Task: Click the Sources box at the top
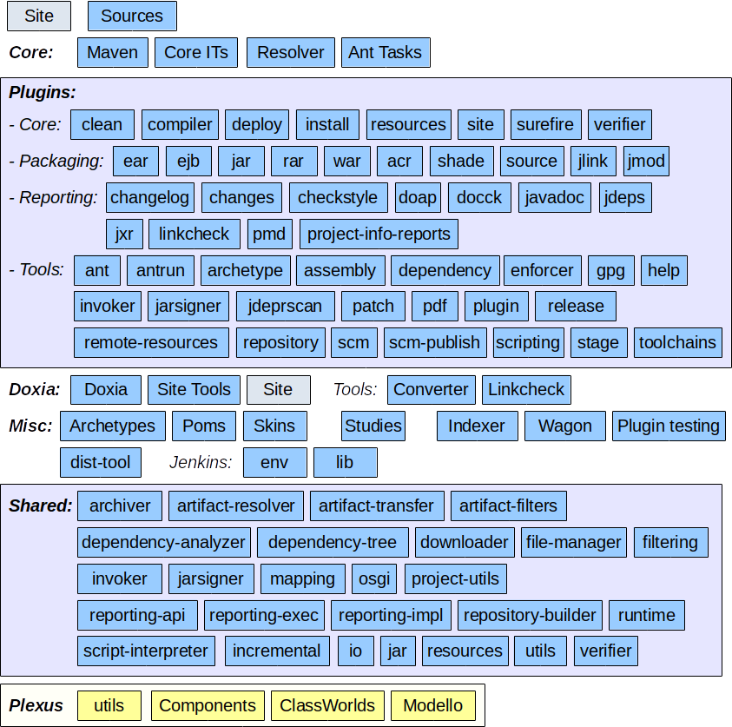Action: click(x=132, y=16)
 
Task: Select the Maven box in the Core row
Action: click(x=113, y=52)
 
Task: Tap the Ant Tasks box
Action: click(x=385, y=52)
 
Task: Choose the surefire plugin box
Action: click(x=545, y=124)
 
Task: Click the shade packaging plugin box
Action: click(x=461, y=161)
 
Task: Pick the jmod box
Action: click(x=646, y=161)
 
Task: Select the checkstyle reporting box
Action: click(x=338, y=197)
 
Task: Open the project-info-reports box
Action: click(x=379, y=234)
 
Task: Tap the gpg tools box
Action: click(x=611, y=270)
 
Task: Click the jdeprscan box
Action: click(x=285, y=306)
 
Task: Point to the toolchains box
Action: click(x=678, y=342)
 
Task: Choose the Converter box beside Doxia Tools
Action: click(x=431, y=389)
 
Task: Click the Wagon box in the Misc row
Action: click(x=565, y=426)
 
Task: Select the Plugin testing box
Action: click(x=669, y=426)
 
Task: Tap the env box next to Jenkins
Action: click(x=274, y=462)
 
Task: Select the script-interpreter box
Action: click(x=146, y=651)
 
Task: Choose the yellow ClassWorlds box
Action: click(x=327, y=705)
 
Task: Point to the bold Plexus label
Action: click(x=36, y=705)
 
